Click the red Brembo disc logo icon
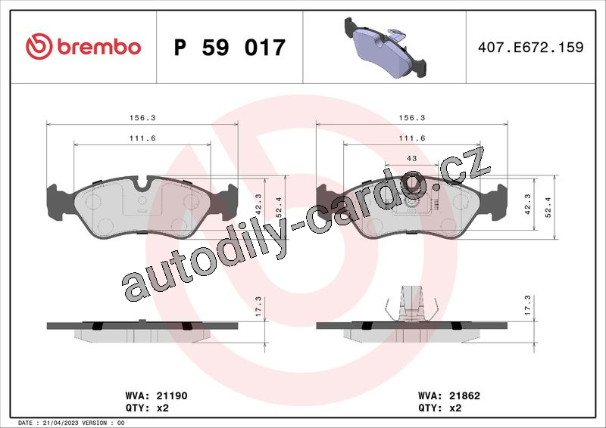click(x=39, y=46)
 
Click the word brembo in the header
click(x=99, y=47)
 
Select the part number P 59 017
click(x=230, y=47)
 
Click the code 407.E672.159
click(x=531, y=47)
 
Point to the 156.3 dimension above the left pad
click(x=142, y=118)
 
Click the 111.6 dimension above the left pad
click(x=142, y=138)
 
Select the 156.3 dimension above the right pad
click(x=412, y=118)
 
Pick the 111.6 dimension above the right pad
click(x=412, y=138)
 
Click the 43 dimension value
click(x=412, y=158)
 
